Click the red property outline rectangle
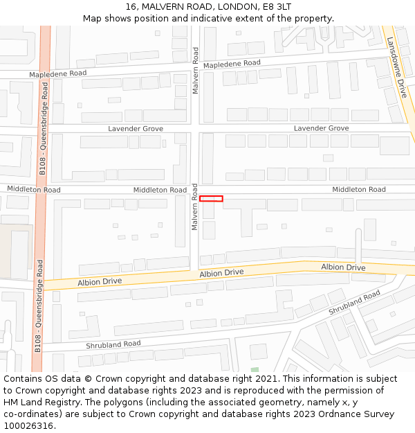[211, 199]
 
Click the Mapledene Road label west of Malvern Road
[57, 73]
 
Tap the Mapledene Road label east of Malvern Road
[232, 63]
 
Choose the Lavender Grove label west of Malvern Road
[136, 129]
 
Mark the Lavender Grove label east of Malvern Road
[321, 129]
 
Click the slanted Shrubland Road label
[354, 303]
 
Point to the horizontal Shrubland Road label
[113, 344]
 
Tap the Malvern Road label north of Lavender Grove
[196, 71]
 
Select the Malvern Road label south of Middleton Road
[195, 211]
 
